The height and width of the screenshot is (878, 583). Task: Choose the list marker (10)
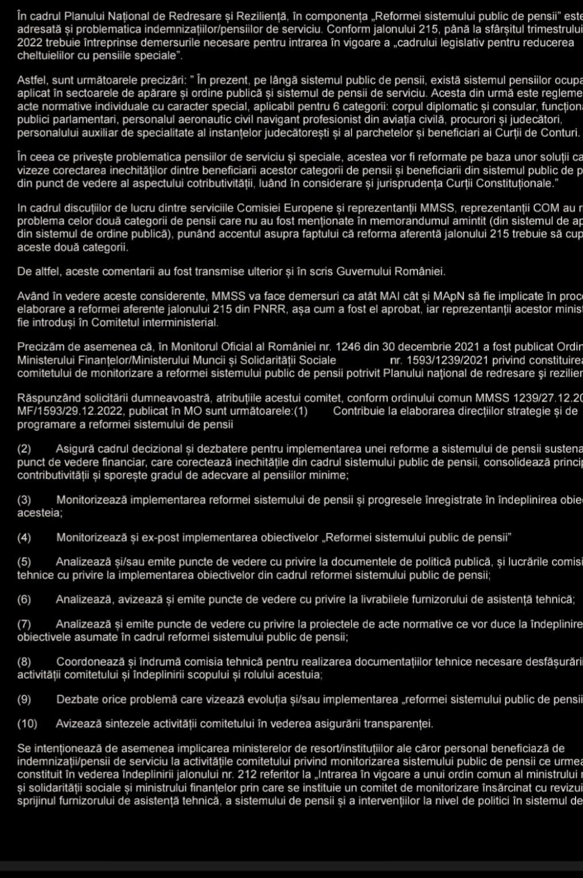[x=27, y=724]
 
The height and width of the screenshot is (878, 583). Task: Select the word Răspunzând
[x=47, y=399]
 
